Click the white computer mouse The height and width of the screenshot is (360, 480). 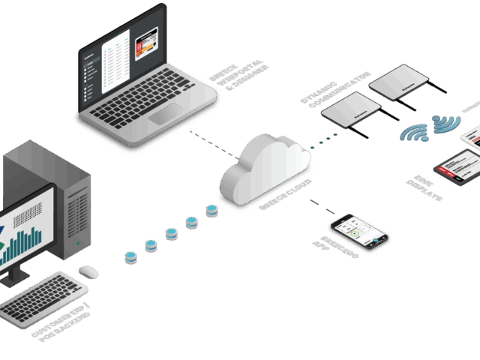click(88, 271)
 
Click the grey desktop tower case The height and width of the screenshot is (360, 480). click(71, 202)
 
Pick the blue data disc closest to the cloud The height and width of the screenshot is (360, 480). click(212, 208)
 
